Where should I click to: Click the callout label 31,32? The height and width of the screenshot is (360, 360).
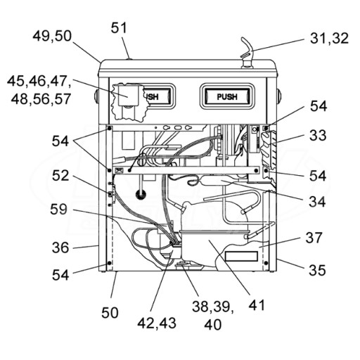click(329, 39)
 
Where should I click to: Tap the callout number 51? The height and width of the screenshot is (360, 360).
click(119, 28)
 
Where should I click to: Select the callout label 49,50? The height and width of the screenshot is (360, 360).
click(52, 37)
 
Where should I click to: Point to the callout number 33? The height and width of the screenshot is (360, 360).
click(318, 135)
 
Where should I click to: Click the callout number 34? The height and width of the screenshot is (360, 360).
click(317, 202)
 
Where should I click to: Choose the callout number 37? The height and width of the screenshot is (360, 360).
click(314, 238)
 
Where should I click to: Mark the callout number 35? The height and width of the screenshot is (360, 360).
click(317, 270)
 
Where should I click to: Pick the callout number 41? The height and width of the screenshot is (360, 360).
click(257, 305)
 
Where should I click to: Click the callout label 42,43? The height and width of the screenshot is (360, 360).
click(157, 323)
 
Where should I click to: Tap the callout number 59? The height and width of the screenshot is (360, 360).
click(58, 209)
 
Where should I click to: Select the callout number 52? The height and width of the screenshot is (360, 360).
click(60, 176)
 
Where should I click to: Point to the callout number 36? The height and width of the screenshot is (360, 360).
click(60, 247)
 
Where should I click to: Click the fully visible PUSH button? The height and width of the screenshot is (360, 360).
click(227, 96)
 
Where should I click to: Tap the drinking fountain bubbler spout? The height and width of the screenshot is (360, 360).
click(247, 53)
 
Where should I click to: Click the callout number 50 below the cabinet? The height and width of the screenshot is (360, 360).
click(110, 313)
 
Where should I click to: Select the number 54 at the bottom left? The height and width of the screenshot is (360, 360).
click(60, 275)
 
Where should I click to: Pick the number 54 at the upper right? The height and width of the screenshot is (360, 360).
click(319, 106)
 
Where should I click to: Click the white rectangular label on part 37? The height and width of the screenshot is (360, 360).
click(241, 256)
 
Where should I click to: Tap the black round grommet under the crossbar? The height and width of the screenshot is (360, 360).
click(141, 195)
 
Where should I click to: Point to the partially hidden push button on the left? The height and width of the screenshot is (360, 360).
click(157, 96)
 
